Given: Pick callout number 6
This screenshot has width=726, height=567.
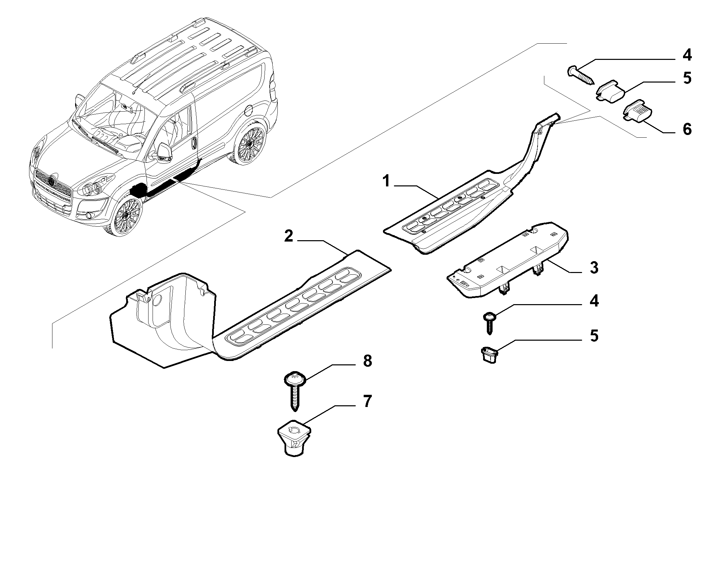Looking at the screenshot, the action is coord(687,129).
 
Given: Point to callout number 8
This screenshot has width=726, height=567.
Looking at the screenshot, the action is coord(367,361).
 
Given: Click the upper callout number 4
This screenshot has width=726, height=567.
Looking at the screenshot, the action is coord(687,55).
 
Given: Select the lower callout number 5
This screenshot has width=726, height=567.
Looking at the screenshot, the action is coord(594,336).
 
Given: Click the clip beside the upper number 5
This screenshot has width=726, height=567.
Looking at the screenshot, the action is coord(610,91).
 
